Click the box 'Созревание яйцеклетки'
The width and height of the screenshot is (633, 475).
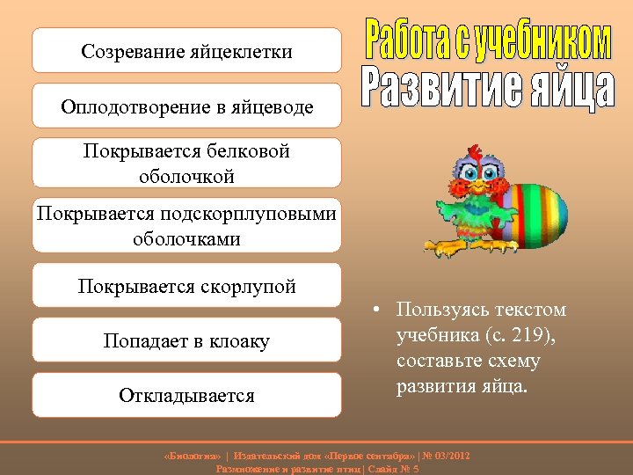[186, 51]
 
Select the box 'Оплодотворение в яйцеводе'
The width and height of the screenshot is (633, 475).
[186, 106]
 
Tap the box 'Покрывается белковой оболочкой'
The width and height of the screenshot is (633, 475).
[186, 163]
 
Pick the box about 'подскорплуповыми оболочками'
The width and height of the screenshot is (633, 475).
[186, 226]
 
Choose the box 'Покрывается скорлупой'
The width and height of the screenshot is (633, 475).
[186, 286]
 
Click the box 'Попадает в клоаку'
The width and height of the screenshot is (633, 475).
[186, 340]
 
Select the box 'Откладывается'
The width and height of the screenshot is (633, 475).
[186, 395]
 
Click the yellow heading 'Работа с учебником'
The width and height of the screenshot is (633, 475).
[487, 40]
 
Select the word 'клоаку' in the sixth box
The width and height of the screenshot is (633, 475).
[239, 340]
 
